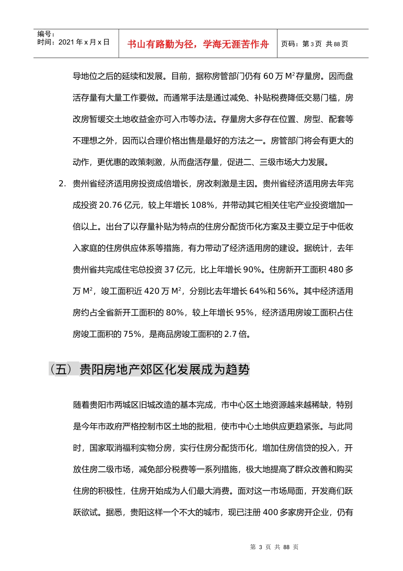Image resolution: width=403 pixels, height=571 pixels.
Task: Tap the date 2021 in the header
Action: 66,42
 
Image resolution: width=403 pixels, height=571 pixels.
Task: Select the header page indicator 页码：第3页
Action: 301,44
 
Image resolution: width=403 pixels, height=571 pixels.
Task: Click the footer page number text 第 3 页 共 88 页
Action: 274,547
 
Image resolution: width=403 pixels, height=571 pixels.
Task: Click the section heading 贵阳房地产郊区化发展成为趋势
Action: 165,370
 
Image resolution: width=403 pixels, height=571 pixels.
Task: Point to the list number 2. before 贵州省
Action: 62,184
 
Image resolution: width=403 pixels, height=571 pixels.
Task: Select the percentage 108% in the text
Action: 203,205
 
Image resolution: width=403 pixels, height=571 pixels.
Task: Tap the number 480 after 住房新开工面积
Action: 336,269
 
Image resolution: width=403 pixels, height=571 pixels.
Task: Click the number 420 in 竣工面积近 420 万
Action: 151,291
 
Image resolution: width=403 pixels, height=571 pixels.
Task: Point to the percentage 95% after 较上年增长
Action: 244,313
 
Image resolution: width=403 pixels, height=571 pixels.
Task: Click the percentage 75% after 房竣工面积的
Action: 132,334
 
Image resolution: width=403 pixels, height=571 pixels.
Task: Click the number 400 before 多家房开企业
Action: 270,512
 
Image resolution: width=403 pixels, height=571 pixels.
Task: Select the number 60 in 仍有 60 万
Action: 269,76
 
